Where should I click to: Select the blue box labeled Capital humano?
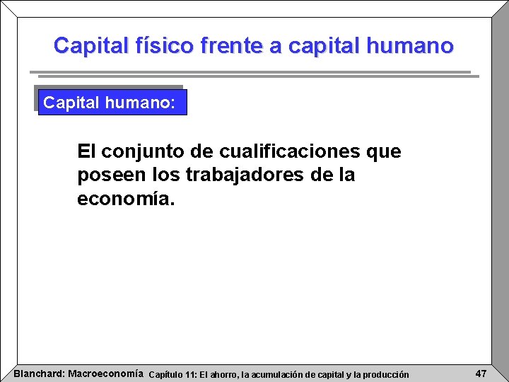(112, 103)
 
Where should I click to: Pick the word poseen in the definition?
(105, 175)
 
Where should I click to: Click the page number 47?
(480, 374)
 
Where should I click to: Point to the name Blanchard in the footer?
(37, 374)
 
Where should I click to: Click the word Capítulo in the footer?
(167, 374)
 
